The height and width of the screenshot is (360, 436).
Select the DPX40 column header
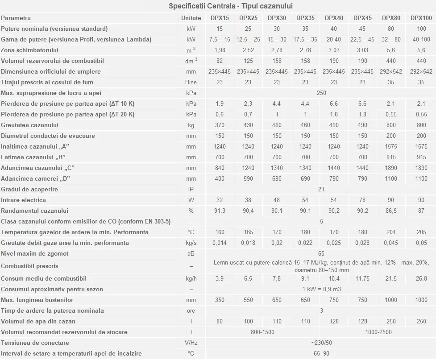point(334,18)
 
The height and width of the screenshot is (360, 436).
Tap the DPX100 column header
point(421,18)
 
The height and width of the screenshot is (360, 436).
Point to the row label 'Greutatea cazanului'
point(30,125)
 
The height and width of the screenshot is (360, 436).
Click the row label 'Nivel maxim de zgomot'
point(34,253)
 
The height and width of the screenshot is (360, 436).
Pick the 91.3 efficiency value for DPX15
point(220,211)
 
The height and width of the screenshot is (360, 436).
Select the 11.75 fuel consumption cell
point(362,278)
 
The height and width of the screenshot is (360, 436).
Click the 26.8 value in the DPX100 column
point(421,278)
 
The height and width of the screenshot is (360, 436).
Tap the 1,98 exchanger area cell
point(220,50)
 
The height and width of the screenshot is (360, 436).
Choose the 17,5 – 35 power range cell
point(305,39)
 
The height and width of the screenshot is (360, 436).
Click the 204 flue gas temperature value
point(391,232)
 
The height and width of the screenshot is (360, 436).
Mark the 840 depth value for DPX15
point(220,168)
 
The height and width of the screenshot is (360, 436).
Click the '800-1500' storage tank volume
point(262,332)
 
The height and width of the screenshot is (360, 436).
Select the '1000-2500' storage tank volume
point(378,332)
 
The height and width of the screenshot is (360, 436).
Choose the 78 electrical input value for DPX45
point(362,200)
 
